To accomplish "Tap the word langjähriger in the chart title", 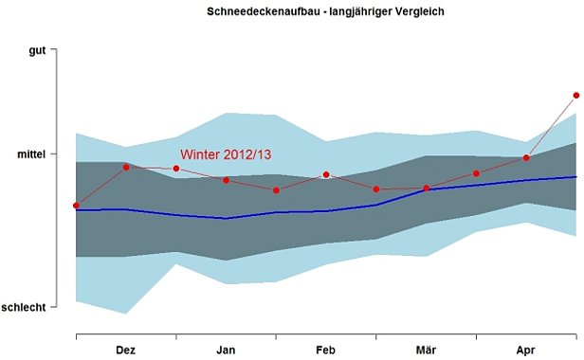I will [x=353, y=12].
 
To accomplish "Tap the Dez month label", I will [x=125, y=350].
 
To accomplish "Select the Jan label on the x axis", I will [x=226, y=350].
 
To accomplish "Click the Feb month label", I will [x=325, y=350].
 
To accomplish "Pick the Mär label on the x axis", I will [x=426, y=350].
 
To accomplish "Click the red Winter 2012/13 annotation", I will [x=227, y=154].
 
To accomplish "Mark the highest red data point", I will [x=575, y=95].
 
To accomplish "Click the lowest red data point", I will [x=76, y=206].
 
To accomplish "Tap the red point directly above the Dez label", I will [x=126, y=167].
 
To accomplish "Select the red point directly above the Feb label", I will [x=326, y=174].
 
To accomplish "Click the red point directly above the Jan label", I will [x=227, y=179].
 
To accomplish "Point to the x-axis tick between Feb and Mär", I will [x=376, y=334].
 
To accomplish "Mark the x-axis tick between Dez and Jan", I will [x=176, y=334].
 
